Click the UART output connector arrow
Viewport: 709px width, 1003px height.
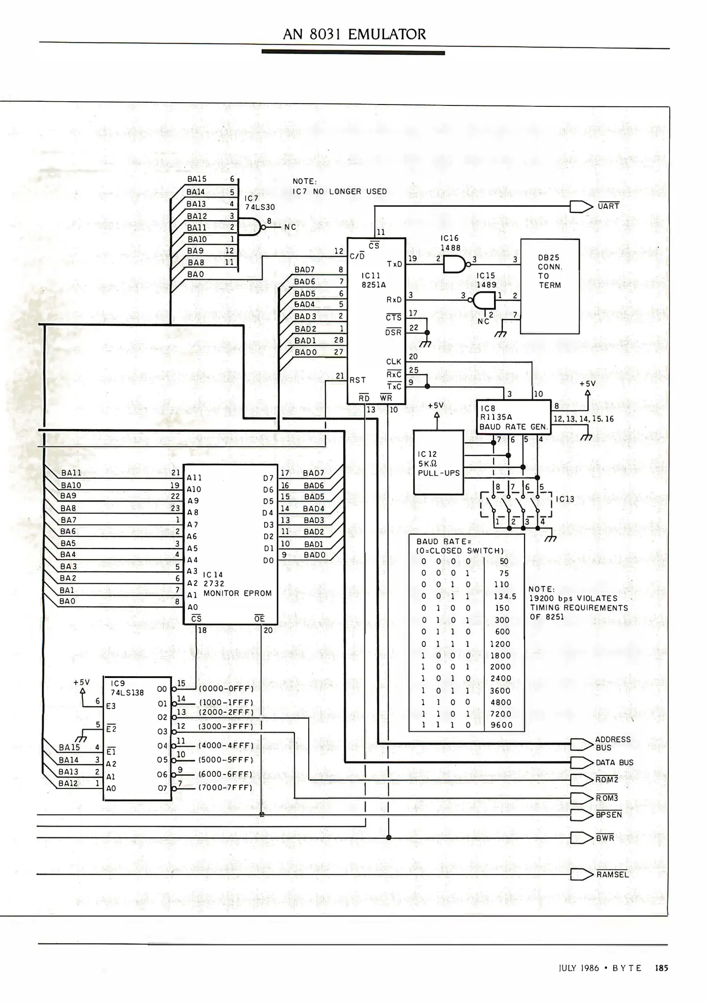point(581,207)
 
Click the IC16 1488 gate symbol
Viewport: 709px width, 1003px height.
point(454,264)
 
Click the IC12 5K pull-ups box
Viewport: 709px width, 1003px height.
point(438,462)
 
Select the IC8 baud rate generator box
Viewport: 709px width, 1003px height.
point(513,417)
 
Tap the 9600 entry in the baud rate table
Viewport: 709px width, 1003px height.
point(501,725)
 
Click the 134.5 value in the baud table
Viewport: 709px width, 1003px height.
point(505,596)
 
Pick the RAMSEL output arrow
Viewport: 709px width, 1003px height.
point(581,874)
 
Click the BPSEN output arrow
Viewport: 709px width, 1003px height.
point(581,814)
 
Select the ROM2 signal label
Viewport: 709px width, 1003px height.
point(607,780)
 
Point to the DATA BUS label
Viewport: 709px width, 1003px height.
point(614,762)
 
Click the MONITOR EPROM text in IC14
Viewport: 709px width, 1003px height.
point(237,593)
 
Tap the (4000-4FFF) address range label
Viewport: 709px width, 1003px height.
point(226,745)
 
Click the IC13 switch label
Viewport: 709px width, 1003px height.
point(565,499)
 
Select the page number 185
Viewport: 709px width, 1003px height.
point(661,968)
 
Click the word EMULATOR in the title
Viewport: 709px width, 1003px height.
point(386,34)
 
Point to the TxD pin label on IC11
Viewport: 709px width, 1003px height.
point(394,264)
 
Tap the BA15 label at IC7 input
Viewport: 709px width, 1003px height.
point(197,179)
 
